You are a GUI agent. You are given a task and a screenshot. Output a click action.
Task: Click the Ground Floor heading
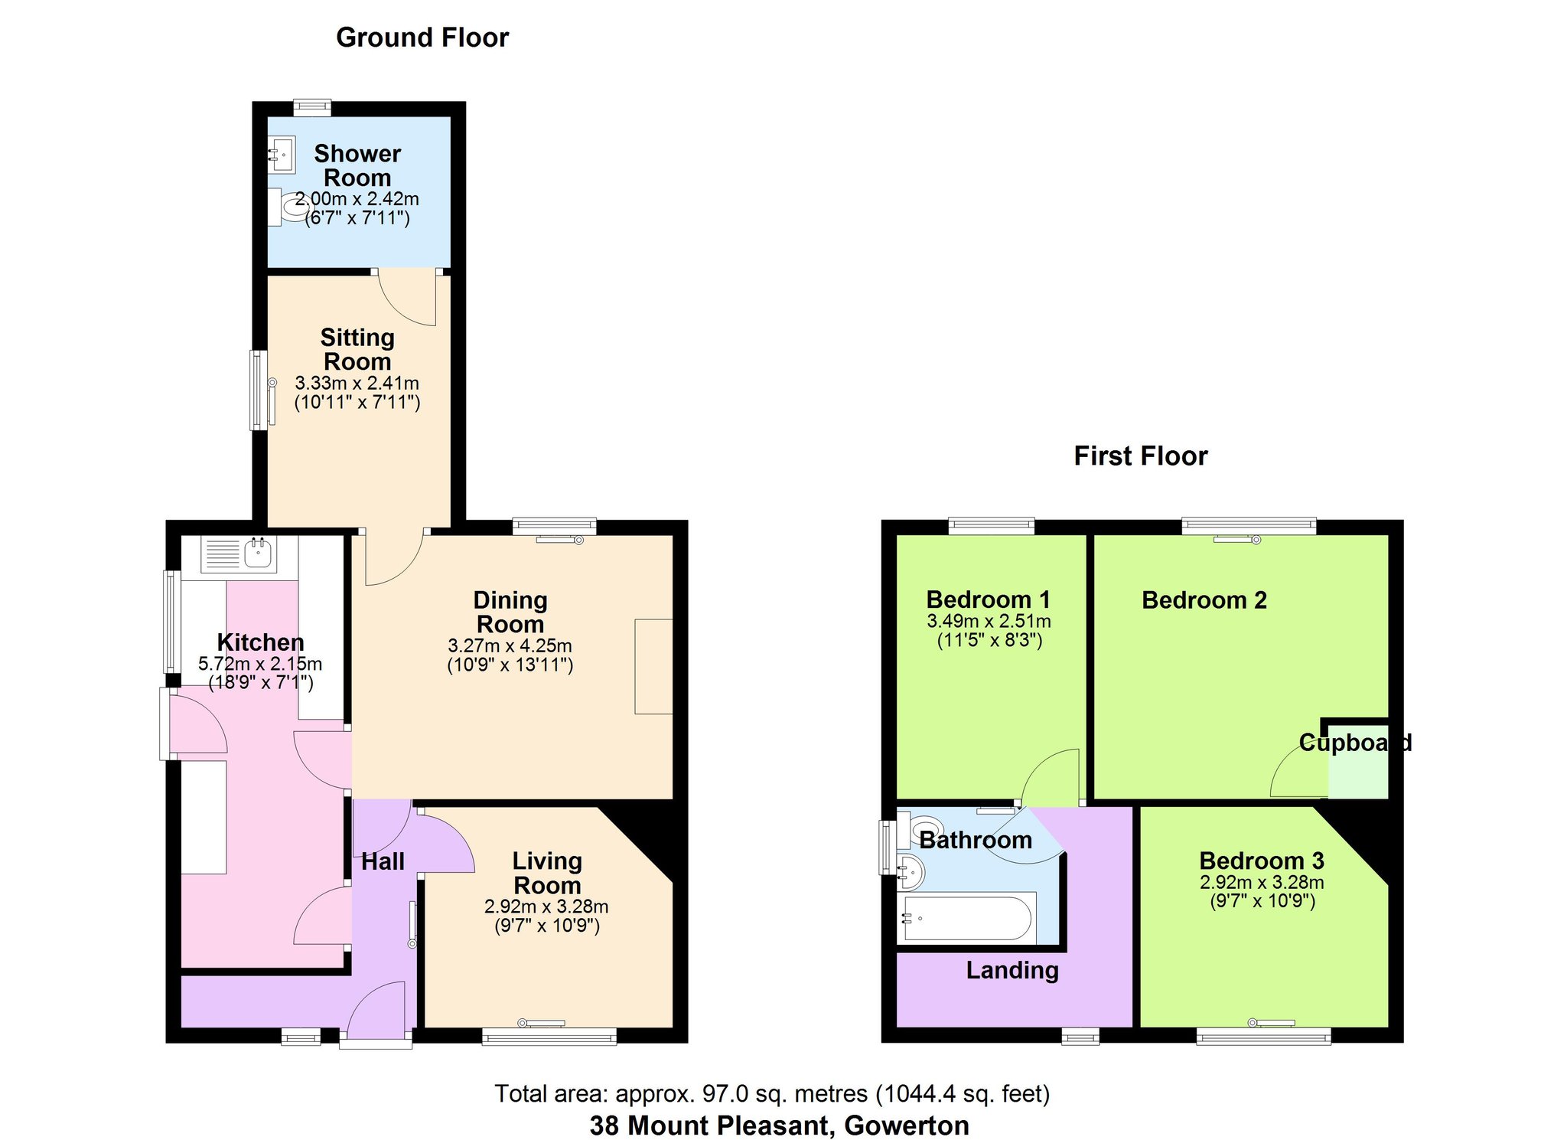click(422, 38)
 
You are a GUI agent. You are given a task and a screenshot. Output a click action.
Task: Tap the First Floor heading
click(1141, 456)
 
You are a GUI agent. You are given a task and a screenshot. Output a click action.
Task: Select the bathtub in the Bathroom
click(967, 917)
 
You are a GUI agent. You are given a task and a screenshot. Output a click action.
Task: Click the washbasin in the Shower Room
click(281, 155)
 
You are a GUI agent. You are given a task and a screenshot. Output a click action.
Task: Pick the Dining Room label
click(510, 612)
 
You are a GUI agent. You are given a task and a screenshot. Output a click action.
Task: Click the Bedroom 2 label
click(1204, 600)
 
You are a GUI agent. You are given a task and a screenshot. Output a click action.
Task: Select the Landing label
click(1012, 971)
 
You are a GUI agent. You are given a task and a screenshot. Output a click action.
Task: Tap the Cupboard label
click(1355, 743)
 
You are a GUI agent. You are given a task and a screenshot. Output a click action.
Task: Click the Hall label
click(383, 862)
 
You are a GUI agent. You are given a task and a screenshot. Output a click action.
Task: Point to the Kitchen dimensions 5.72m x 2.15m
click(260, 664)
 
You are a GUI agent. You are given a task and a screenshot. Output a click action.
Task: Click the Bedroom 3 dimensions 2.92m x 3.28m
click(1262, 883)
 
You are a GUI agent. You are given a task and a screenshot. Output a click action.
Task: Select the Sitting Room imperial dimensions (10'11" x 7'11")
click(357, 402)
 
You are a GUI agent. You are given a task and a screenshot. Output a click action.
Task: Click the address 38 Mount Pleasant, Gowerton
click(779, 1125)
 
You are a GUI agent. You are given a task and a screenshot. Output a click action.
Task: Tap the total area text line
click(772, 1094)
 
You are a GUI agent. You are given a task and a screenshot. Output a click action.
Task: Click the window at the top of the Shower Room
click(312, 107)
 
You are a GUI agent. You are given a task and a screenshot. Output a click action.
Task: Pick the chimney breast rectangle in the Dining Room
click(654, 667)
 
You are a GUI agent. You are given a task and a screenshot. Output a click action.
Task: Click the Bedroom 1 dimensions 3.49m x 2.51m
click(989, 622)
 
